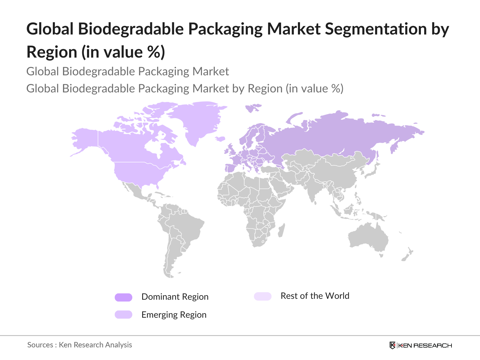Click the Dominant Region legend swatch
pos(123,297)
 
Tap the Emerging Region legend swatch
pos(123,314)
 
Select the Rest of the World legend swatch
pos(262,296)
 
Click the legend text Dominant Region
pos(175,297)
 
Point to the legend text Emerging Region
pos(174,315)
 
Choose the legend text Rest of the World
pos(315,296)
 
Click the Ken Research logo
pos(421,345)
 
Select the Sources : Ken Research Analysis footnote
pos(79,345)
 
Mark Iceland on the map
pos(220,139)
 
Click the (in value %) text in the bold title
pos(123,52)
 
